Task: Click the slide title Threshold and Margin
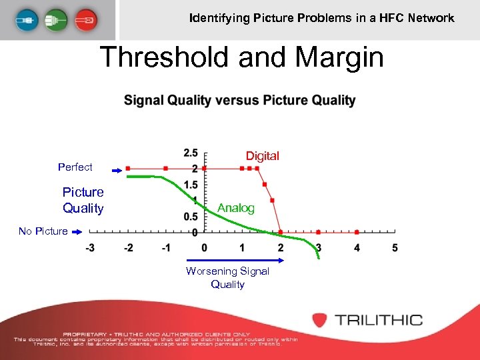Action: pos(241,57)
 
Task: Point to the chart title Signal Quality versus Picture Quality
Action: pos(239,101)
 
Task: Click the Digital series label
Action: pos(262,156)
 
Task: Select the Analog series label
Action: pos(236,208)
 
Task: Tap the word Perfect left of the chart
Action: pos(75,167)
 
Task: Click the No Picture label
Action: pos(43,231)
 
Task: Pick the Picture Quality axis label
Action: pos(83,200)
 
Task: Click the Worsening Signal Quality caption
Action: pos(227,277)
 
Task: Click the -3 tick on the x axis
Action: pos(89,248)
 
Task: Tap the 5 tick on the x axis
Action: pos(395,248)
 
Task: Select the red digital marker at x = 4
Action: pos(357,232)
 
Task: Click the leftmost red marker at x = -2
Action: pos(128,168)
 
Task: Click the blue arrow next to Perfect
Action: pos(116,171)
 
